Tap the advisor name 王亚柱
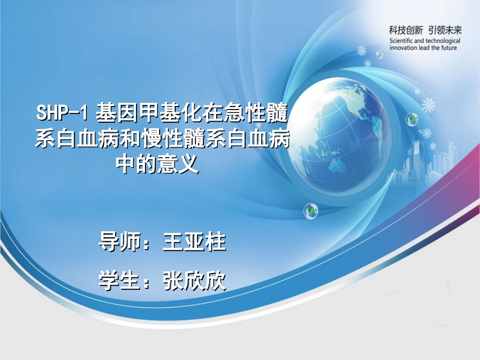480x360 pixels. [195, 243]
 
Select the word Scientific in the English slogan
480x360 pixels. [402, 40]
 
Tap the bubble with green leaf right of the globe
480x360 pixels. [412, 119]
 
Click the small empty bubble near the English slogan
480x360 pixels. [380, 54]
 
